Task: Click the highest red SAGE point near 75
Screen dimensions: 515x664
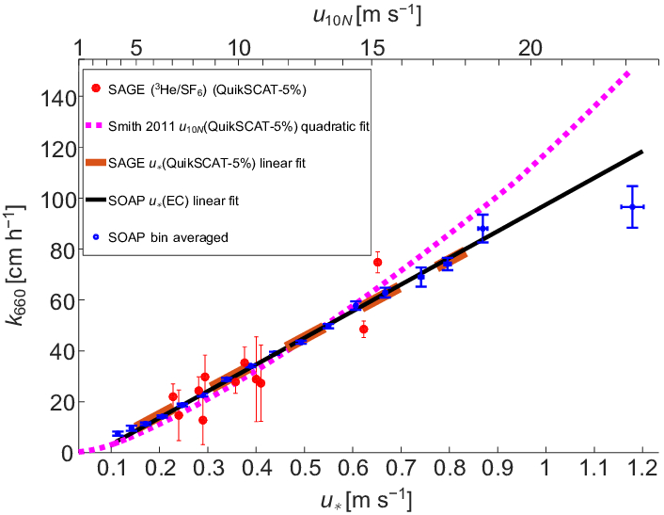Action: click(x=377, y=263)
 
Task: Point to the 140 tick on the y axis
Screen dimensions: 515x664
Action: click(x=81, y=97)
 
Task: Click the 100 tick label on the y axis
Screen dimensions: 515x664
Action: click(x=58, y=199)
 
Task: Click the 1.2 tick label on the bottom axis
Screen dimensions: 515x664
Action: click(x=642, y=468)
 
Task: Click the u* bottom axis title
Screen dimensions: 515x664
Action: click(x=361, y=496)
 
